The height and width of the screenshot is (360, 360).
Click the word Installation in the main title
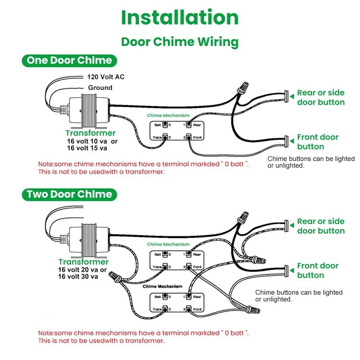tap(180, 18)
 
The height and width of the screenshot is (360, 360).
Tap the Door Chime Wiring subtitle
tap(180, 42)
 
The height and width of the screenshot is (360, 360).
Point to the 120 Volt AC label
tap(106, 77)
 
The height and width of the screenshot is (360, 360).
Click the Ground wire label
tap(100, 88)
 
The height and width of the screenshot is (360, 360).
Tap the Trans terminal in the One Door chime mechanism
tap(165, 137)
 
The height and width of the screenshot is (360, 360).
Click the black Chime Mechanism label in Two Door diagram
tap(162, 286)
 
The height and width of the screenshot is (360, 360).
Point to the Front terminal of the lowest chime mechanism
tap(190, 309)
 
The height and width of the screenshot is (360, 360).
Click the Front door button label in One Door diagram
tap(317, 142)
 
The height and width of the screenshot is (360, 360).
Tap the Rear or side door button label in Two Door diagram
tap(320, 226)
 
